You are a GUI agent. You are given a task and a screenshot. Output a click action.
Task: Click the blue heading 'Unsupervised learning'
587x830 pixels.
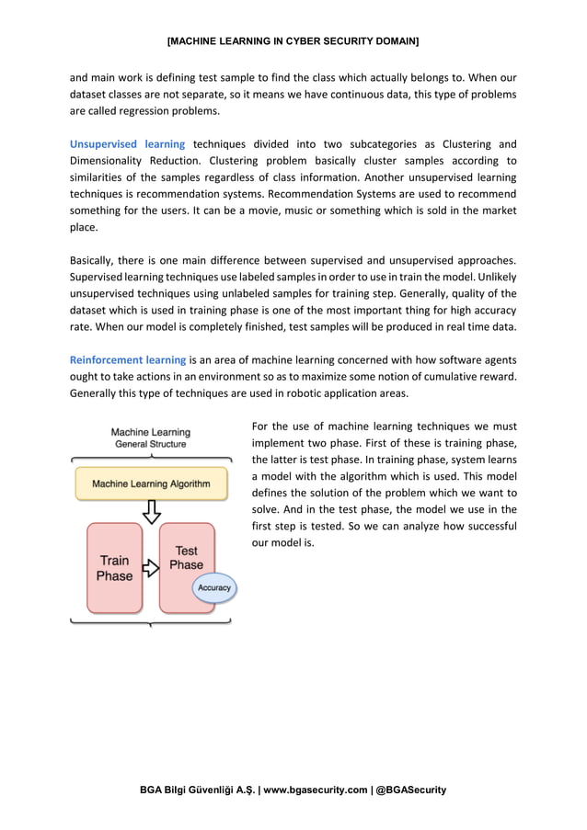(x=127, y=144)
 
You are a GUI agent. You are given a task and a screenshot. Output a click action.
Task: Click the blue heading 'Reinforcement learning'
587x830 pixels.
(x=128, y=359)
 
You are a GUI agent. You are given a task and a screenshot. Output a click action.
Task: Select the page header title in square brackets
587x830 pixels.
(x=293, y=42)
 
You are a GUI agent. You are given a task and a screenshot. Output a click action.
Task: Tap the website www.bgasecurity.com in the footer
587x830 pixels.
(x=314, y=790)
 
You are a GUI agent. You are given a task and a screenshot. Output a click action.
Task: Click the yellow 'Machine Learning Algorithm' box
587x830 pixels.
(x=150, y=483)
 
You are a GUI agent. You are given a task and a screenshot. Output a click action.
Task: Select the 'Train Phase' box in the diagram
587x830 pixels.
(x=115, y=568)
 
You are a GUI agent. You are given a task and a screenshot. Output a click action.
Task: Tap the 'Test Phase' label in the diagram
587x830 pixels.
(x=186, y=558)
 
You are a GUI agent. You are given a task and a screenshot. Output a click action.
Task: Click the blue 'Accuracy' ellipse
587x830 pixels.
(x=214, y=588)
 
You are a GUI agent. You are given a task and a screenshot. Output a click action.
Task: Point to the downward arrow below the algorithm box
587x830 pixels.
(x=151, y=511)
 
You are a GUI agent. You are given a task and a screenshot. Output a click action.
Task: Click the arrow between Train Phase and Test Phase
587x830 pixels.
(x=150, y=569)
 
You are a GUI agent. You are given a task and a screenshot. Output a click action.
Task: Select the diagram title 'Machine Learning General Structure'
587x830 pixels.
(x=150, y=438)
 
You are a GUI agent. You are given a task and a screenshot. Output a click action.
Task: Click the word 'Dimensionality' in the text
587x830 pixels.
(x=108, y=160)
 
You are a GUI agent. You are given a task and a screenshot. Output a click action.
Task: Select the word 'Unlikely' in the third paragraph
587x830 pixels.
(x=496, y=277)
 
